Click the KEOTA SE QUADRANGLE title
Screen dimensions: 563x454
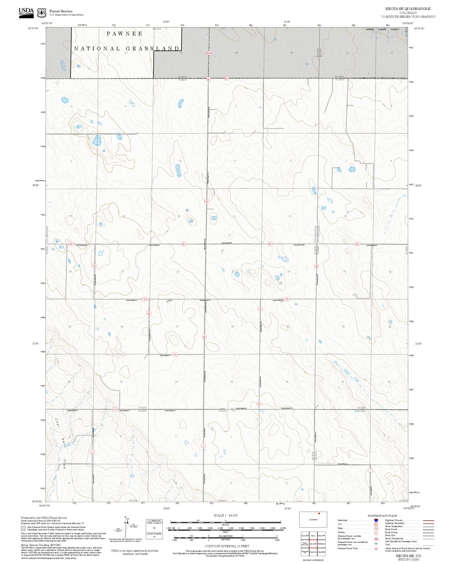click(x=407, y=9)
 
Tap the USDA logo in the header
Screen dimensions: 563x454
click(x=26, y=13)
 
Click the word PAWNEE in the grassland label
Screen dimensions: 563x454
click(x=125, y=33)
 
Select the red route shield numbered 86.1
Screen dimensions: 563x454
click(x=226, y=78)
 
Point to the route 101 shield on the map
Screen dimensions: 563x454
click(x=94, y=266)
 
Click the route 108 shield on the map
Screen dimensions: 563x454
click(x=316, y=266)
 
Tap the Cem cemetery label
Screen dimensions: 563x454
click(x=170, y=300)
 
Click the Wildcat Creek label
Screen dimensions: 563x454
click(x=351, y=375)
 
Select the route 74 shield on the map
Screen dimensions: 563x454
click(x=115, y=409)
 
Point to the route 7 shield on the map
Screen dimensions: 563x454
click(x=370, y=471)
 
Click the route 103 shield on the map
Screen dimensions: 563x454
click(x=149, y=313)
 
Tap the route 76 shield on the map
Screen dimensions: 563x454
click(x=175, y=354)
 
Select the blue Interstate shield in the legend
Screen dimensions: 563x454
click(x=376, y=520)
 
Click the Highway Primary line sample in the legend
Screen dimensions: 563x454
click(x=428, y=520)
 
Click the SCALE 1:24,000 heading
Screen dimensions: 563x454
click(x=226, y=515)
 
